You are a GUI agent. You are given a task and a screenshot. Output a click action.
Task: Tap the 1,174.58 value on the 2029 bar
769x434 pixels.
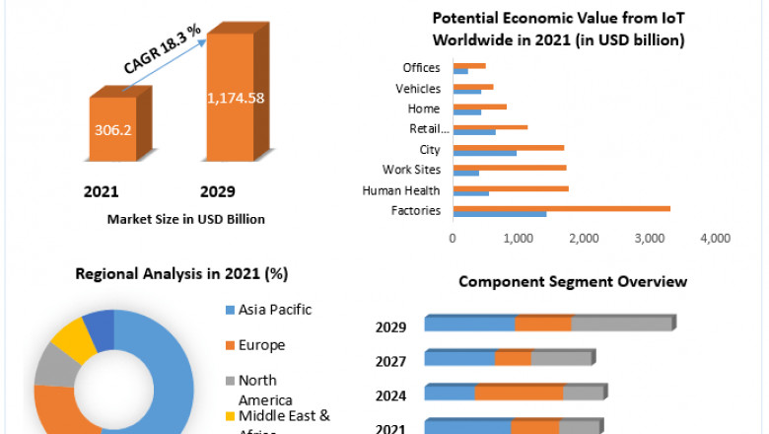pos(235,98)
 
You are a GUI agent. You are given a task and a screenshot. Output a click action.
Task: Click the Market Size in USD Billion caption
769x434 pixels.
pos(186,219)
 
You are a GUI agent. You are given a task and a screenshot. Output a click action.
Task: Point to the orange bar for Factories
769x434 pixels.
pos(561,208)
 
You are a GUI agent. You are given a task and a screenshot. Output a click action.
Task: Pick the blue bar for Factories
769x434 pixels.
pos(499,214)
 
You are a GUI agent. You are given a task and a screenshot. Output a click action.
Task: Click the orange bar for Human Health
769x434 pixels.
pos(510,187)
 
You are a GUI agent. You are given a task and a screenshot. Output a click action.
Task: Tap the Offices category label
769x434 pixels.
pos(422,68)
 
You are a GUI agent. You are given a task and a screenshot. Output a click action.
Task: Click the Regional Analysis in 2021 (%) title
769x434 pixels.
pos(175,273)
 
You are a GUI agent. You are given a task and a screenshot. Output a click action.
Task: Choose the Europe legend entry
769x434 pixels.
pos(261,345)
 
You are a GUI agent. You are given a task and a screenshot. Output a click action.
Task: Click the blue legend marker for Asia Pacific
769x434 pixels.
pos(229,311)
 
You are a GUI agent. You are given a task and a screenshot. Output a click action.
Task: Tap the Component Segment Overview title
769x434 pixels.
pos(572,282)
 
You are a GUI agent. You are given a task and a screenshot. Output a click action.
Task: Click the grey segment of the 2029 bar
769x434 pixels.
pos(621,324)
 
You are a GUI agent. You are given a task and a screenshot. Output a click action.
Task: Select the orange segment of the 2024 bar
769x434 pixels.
pos(519,393)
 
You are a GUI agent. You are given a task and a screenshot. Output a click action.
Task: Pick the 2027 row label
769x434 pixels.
pos(390,361)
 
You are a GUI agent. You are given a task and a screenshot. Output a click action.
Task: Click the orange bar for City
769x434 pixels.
pos(508,147)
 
